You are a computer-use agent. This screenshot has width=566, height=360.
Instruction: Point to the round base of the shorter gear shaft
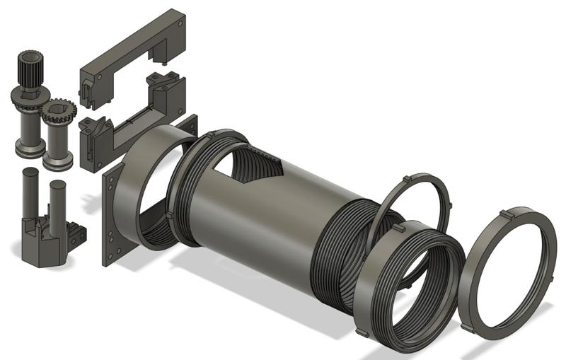57,161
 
